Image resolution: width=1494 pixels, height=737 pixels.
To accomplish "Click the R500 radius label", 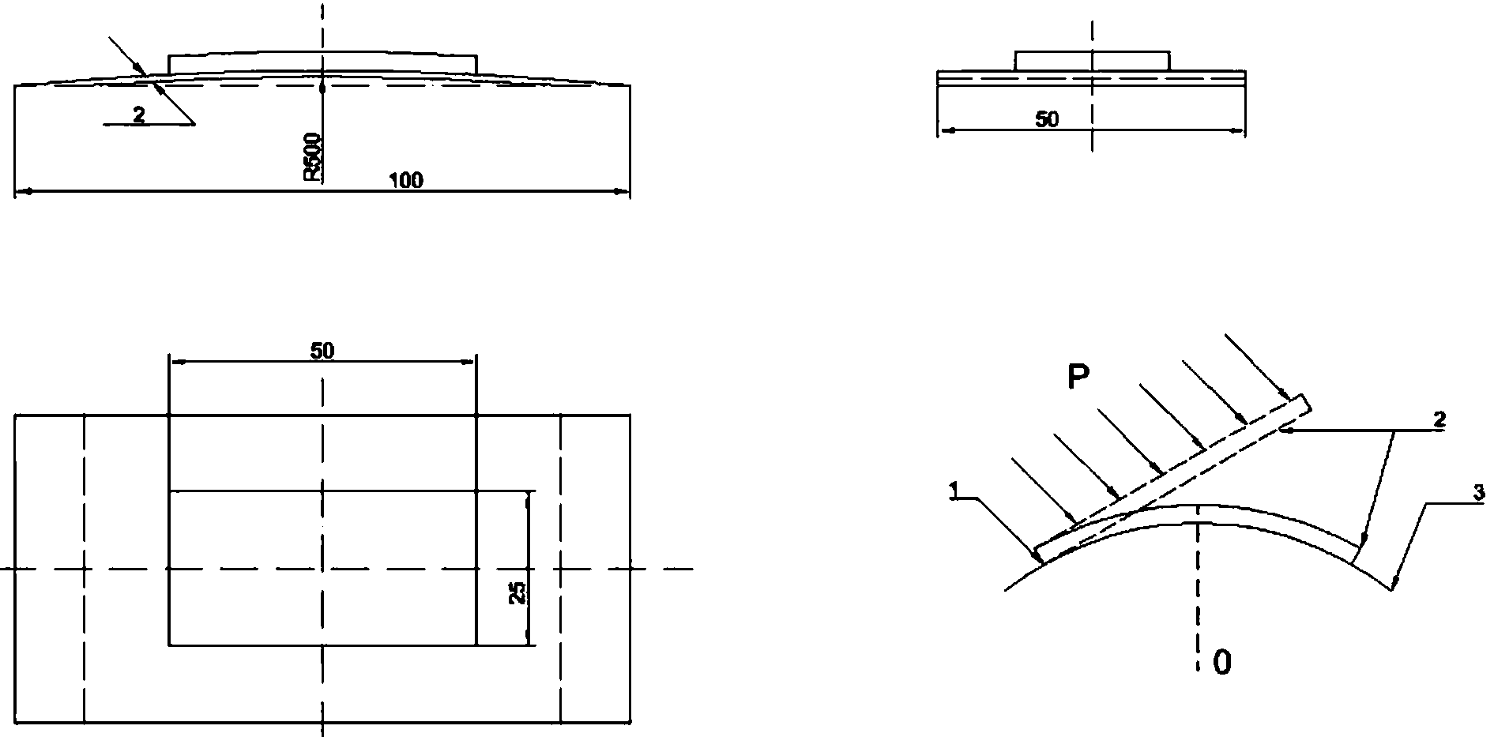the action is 314,158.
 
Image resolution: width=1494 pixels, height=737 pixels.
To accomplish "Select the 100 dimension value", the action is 406,180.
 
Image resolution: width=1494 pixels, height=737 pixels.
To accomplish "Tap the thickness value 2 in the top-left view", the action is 139,115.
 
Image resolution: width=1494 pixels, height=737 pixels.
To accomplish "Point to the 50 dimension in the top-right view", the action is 1047,120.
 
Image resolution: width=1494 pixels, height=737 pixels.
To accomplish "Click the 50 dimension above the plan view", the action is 322,351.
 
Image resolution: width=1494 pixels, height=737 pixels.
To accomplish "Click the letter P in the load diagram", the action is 1078,378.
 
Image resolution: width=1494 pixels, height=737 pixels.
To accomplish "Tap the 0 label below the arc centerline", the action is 1221,663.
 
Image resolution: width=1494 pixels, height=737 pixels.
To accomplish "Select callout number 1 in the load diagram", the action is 954,492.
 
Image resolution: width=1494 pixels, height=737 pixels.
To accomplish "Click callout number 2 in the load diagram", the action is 1440,421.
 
